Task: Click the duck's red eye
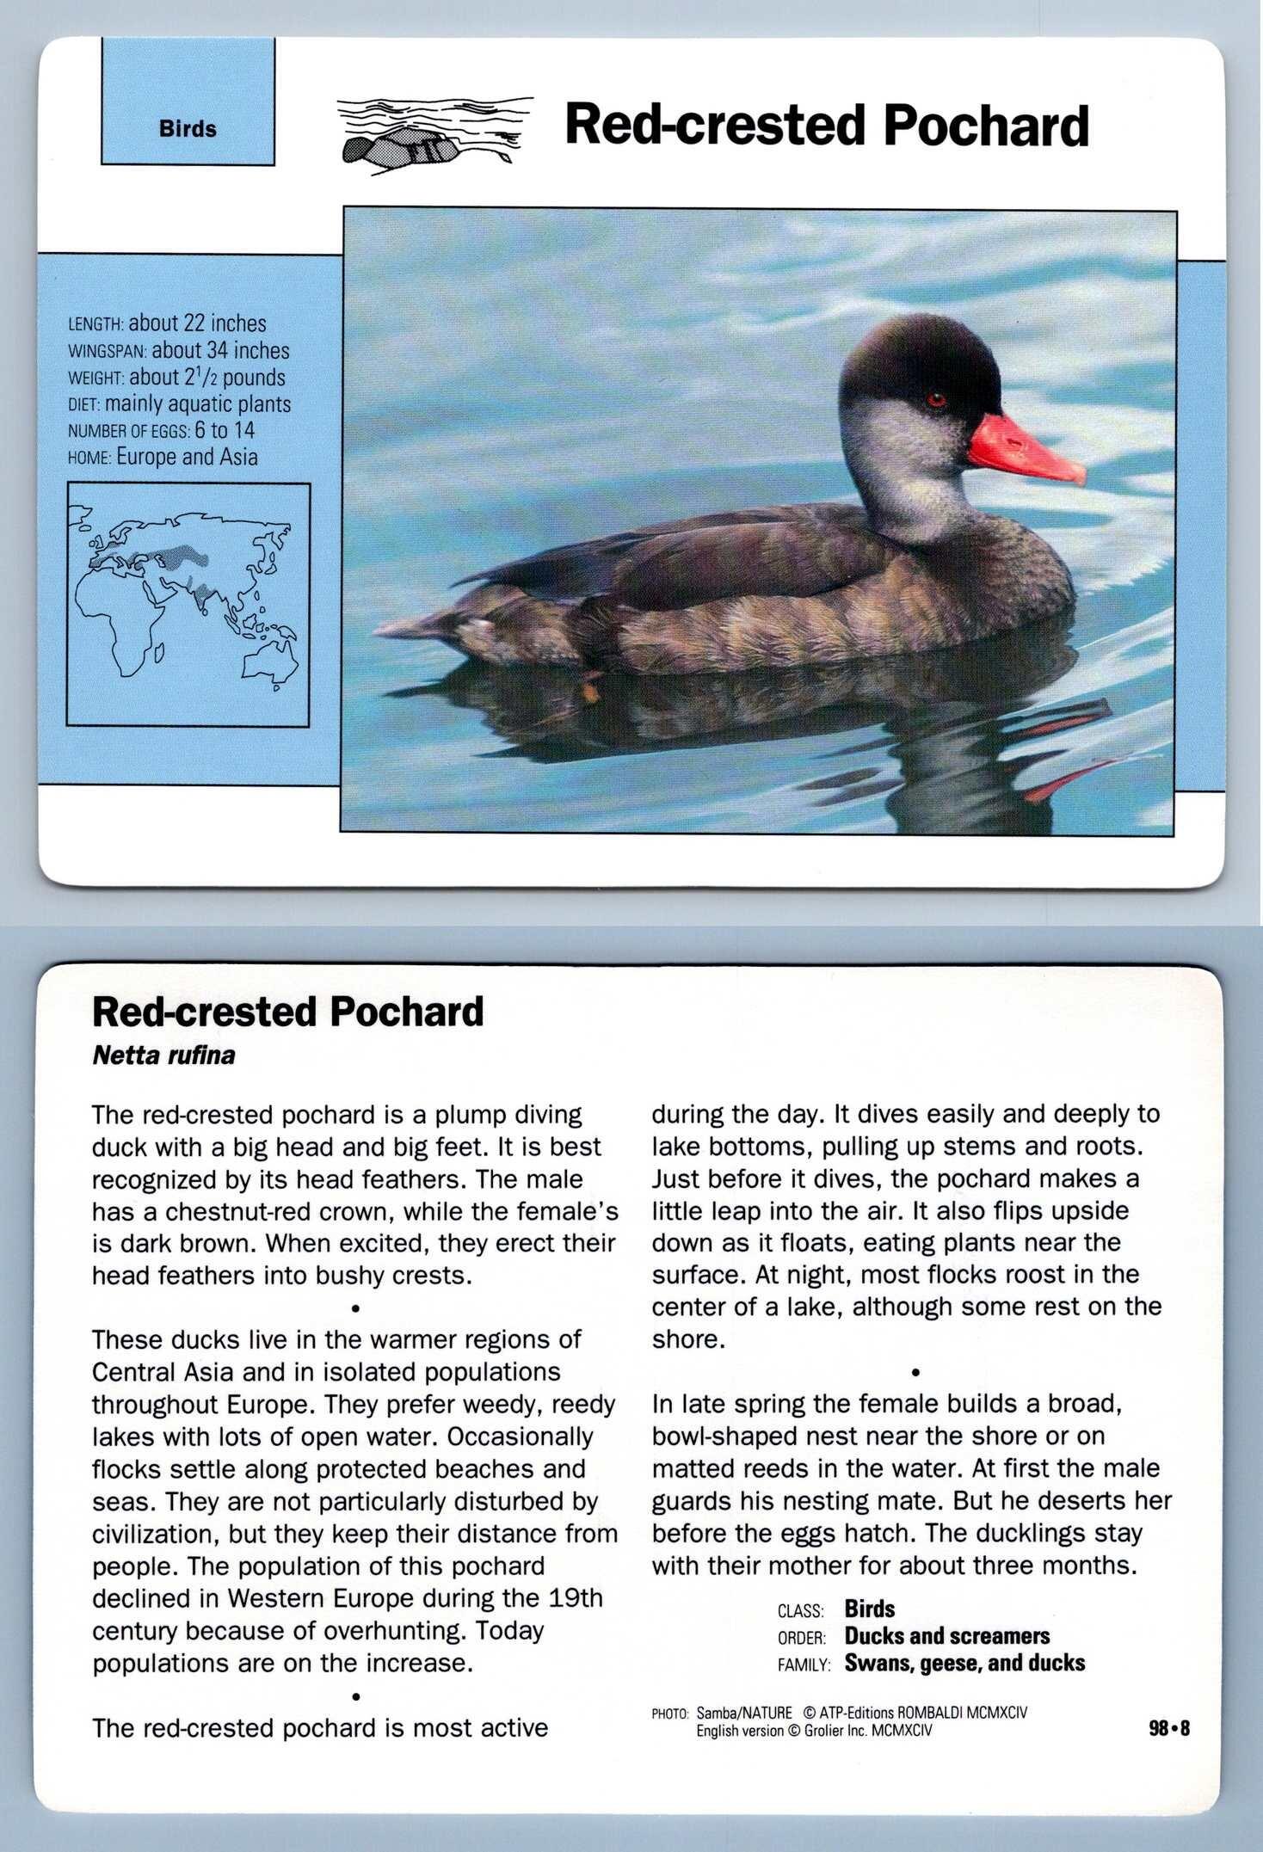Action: [937, 399]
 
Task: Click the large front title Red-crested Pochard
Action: [826, 126]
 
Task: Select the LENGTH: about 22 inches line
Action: [167, 324]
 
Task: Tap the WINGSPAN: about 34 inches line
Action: [178, 351]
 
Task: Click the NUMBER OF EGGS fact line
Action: [161, 430]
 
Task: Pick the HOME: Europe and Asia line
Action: [163, 457]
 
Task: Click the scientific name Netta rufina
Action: [163, 1055]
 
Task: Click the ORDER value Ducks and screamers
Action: [946, 1636]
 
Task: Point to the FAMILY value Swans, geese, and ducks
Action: [964, 1663]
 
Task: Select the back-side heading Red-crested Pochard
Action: [287, 1012]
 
